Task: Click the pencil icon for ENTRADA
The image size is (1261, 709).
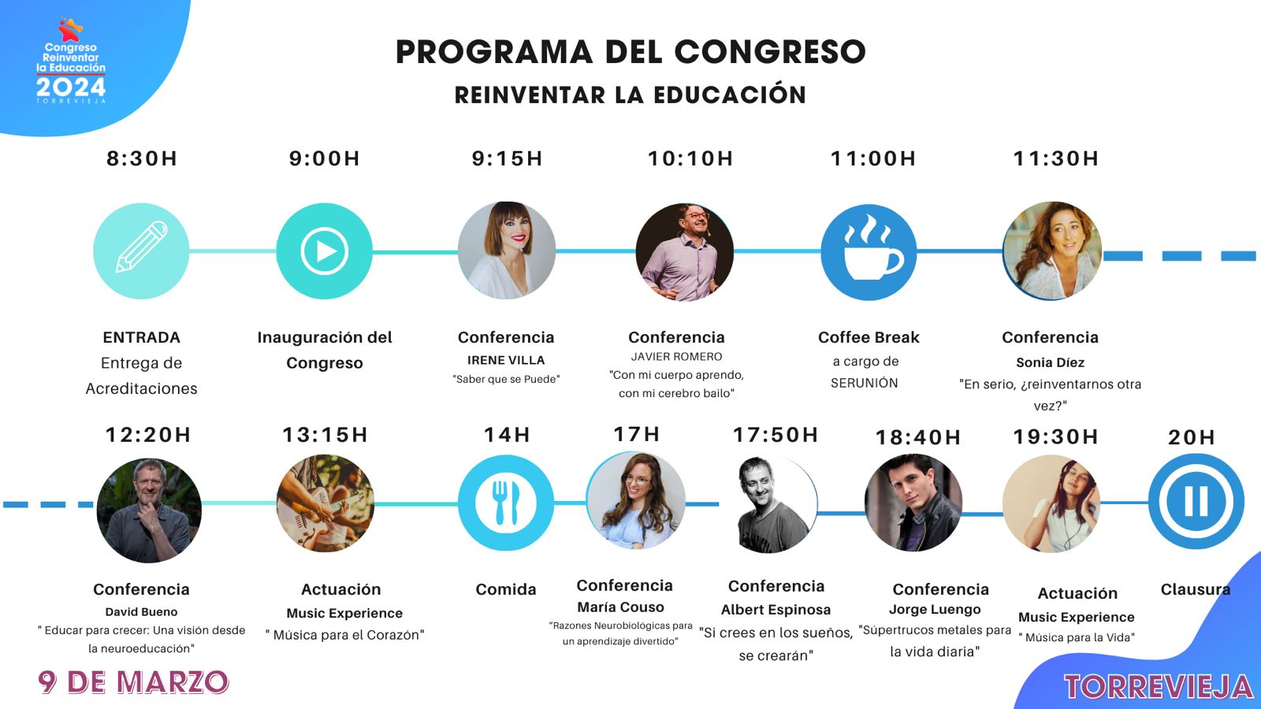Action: pos(141,251)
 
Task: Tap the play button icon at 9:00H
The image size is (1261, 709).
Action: pos(324,251)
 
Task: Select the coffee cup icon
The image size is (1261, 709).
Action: pos(869,251)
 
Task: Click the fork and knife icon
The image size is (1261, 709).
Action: pos(505,503)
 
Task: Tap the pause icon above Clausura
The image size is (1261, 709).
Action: pos(1196,501)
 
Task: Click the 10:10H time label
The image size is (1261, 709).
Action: pos(690,158)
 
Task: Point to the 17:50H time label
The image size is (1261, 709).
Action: pos(776,435)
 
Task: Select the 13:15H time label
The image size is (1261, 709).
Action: pos(325,435)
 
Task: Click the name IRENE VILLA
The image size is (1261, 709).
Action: pos(506,360)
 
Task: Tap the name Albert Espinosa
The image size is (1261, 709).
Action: pos(776,610)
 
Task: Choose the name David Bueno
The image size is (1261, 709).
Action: pos(141,611)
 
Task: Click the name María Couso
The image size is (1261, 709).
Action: pos(620,607)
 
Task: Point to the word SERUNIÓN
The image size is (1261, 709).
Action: pos(864,383)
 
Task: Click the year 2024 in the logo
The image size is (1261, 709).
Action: pos(71,87)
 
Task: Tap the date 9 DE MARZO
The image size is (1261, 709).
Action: pos(133,682)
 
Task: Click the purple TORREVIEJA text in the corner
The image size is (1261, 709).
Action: pos(1159,687)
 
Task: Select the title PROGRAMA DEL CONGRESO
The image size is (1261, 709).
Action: pos(630,52)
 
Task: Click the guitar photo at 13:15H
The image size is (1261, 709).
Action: pos(325,503)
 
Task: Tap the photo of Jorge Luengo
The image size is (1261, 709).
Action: pos(913,503)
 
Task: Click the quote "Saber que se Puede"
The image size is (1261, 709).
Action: pos(506,379)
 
